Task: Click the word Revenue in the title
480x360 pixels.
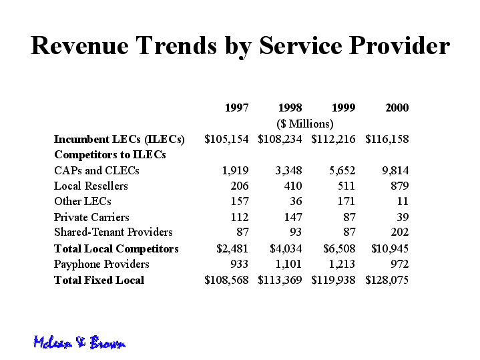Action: (x=79, y=45)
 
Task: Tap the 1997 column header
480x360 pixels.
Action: (x=236, y=108)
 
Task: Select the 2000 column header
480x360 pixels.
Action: (x=397, y=108)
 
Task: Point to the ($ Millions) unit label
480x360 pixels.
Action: (x=305, y=124)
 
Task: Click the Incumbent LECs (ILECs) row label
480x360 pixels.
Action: (x=119, y=140)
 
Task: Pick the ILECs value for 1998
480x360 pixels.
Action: (x=280, y=140)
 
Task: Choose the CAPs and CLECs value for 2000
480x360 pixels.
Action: (x=395, y=170)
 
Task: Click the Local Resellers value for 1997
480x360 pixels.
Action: (x=240, y=186)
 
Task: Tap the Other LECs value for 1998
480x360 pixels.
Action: (x=296, y=201)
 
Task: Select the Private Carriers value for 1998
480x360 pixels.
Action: (x=293, y=217)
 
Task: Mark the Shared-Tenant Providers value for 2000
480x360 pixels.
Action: (x=400, y=232)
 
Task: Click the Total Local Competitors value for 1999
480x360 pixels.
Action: (x=339, y=248)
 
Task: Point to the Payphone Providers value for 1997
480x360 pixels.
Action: (x=240, y=264)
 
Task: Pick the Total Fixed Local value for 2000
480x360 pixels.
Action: (x=387, y=280)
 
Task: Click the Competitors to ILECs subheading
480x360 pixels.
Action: (x=110, y=155)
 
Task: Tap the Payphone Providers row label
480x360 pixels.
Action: (x=101, y=264)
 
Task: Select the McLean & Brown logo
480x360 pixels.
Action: (x=79, y=342)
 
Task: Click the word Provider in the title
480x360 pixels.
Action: (x=399, y=45)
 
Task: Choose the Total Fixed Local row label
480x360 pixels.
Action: (x=99, y=280)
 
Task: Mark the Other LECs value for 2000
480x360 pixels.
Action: (x=403, y=201)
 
